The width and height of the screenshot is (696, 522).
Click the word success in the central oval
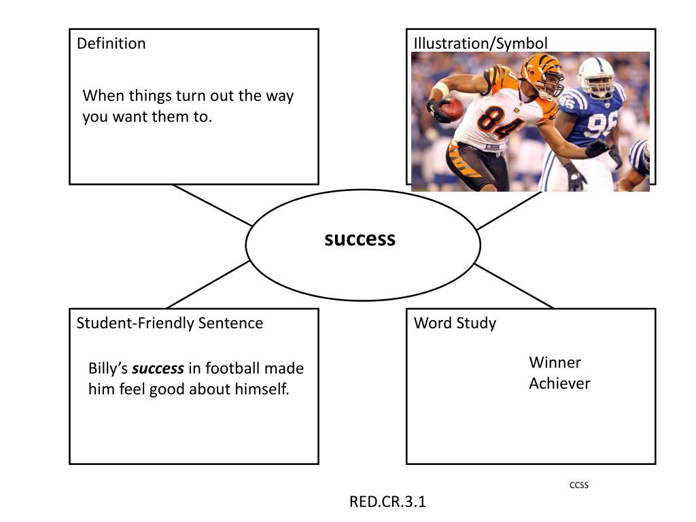tap(360, 239)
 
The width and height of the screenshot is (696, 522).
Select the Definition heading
tap(111, 43)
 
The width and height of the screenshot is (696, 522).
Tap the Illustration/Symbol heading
tap(480, 43)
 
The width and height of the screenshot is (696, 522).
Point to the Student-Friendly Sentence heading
tap(169, 323)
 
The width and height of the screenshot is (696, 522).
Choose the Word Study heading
tap(455, 323)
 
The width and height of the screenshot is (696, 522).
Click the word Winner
tap(555, 362)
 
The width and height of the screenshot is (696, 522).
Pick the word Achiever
tap(559, 383)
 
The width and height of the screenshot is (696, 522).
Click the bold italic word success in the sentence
tap(158, 369)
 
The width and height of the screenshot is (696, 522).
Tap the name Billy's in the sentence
tap(108, 369)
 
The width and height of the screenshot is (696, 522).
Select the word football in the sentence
tap(232, 369)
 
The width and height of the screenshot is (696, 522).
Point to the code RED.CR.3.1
tap(387, 502)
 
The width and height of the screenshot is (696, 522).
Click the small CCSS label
tap(579, 485)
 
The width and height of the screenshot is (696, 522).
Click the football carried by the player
tap(451, 108)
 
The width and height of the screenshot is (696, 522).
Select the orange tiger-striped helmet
tap(542, 73)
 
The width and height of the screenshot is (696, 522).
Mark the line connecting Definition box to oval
tap(212, 205)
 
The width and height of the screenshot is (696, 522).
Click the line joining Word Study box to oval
tap(514, 286)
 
